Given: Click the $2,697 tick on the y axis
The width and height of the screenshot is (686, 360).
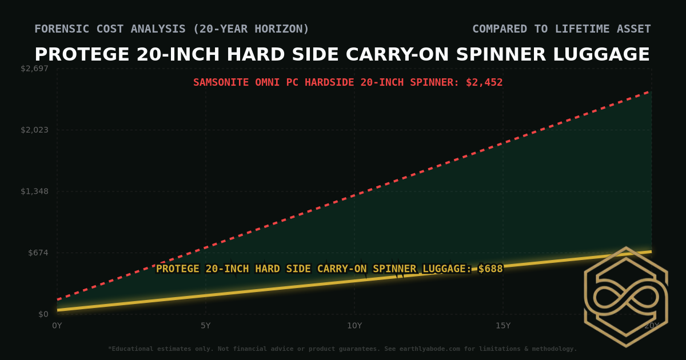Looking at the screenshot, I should coord(34,69).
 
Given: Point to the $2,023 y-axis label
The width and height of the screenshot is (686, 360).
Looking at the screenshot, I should coord(34,130).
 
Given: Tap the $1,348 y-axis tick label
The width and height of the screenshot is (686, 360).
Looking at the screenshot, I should coord(34,191).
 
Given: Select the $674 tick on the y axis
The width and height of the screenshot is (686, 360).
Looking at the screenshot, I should coord(38,253).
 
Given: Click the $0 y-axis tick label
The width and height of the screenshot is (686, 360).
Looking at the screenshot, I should coord(43,314).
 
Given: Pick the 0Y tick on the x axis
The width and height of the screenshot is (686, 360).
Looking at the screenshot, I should coord(57,326).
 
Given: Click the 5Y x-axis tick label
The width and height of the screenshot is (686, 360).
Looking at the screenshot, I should coord(206,326).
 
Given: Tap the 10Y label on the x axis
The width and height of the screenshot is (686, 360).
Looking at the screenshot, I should coord(354,326).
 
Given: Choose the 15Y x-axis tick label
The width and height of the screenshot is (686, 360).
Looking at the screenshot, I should coord(503,326).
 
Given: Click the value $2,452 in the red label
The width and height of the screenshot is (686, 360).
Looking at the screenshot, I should coord(484,82).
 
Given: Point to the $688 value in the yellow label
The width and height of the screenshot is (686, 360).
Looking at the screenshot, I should coord(490,269).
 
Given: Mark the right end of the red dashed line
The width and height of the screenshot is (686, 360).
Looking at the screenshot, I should coord(651,91).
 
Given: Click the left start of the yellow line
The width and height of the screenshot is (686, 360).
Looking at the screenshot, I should coord(58,310).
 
